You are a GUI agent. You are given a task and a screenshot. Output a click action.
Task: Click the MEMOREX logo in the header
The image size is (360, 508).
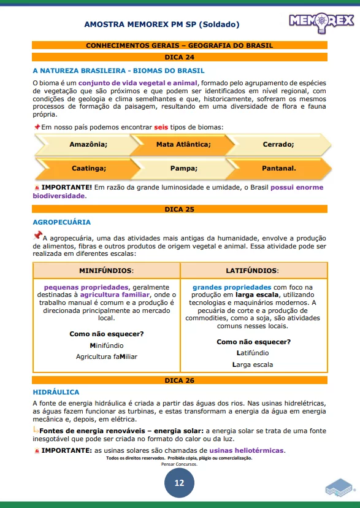321,21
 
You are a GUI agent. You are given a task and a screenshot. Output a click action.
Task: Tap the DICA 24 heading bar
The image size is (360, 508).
180,57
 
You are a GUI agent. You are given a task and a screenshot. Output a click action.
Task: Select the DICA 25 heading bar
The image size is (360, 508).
180,209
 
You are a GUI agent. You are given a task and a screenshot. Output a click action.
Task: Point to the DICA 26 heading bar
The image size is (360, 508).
180,380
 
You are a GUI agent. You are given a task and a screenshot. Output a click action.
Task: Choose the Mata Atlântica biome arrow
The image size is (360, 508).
183,144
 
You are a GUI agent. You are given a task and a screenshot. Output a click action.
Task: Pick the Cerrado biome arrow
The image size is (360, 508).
278,144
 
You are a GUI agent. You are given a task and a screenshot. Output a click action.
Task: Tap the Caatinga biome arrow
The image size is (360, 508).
88,167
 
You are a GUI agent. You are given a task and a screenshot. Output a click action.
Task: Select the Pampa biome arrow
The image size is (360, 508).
183,167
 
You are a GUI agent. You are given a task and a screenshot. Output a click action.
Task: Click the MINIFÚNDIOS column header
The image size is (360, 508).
106,270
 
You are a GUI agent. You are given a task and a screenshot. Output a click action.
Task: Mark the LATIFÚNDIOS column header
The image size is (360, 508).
252,270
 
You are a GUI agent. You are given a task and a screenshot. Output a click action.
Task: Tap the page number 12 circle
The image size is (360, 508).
179,483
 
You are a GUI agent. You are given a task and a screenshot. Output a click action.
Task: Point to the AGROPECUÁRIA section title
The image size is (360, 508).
61,222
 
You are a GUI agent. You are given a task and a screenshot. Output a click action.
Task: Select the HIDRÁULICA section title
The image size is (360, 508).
56,392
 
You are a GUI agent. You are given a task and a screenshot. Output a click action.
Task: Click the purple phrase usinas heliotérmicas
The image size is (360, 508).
247,450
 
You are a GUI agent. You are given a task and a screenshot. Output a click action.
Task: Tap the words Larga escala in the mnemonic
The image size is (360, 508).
253,364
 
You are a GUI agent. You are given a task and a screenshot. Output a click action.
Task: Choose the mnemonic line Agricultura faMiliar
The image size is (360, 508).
107,356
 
